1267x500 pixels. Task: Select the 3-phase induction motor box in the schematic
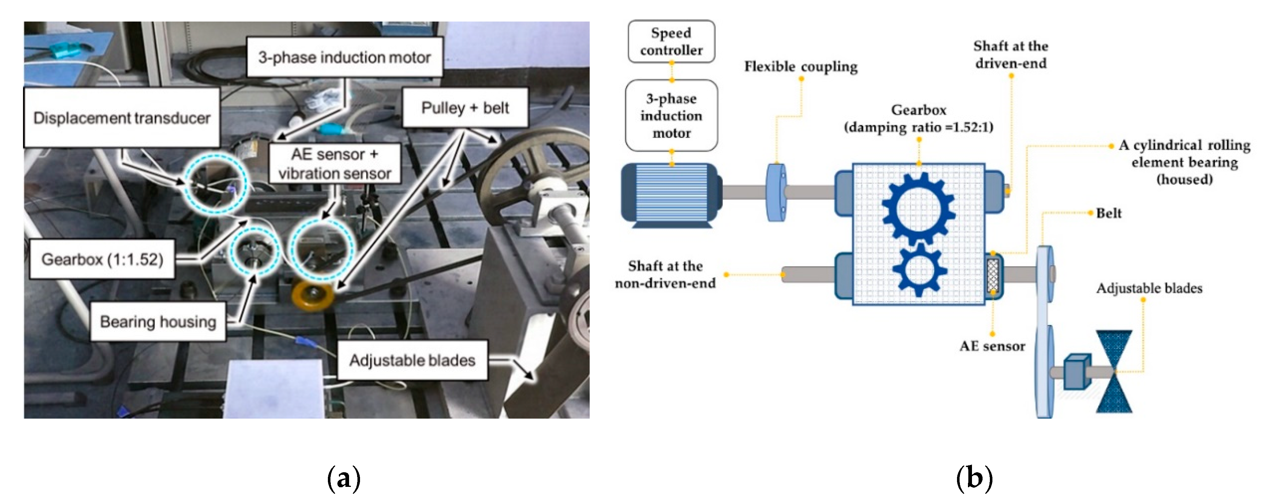[x=671, y=116]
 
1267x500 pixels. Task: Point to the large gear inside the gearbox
[x=918, y=208]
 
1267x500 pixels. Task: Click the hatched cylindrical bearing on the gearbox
[x=993, y=275]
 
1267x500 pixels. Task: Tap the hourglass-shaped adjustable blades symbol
[x=1114, y=371]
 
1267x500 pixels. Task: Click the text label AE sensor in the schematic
[x=992, y=346]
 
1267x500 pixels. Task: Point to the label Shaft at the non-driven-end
[x=665, y=274]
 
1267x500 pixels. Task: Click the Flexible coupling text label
[x=801, y=66]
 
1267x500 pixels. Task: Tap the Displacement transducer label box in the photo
[x=122, y=118]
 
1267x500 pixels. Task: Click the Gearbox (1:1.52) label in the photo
[x=102, y=259]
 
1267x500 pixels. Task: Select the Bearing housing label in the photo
[x=158, y=322]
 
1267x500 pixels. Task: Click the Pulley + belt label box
[x=465, y=108]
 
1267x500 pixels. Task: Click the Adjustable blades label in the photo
[x=412, y=360]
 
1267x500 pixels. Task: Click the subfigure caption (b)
[x=974, y=478]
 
